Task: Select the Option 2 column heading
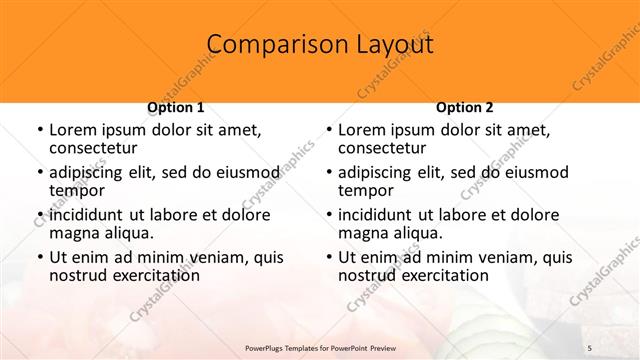pos(464,106)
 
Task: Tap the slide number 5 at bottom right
pos(590,346)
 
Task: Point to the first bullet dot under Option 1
pos(39,130)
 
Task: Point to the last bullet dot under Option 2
pos(329,256)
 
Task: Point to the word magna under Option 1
pos(75,232)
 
